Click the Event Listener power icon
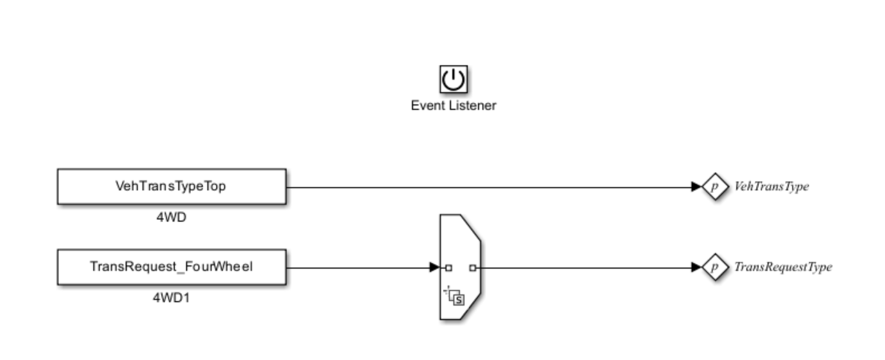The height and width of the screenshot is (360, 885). pos(453,79)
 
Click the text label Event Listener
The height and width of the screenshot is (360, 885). pos(453,106)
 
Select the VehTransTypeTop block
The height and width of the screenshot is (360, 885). pos(171,186)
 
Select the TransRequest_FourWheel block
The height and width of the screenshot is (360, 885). pos(171,267)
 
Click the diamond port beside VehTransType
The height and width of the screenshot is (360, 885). pos(714,186)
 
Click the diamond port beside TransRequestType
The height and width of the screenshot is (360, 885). pos(714,267)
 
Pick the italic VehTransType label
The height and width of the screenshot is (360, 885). pos(772,187)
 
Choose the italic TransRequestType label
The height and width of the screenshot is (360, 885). pos(783,267)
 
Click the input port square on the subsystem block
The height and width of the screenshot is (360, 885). pos(449,267)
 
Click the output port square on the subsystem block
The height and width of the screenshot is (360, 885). pos(473,267)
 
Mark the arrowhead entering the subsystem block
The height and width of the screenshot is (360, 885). pos(435,267)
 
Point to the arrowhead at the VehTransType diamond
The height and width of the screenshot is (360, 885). pos(697,186)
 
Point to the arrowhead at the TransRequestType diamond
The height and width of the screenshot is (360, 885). pos(697,267)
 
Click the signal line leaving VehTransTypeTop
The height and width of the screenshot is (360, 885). pos(485,186)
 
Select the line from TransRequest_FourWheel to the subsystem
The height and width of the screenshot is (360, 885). pos(358,267)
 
